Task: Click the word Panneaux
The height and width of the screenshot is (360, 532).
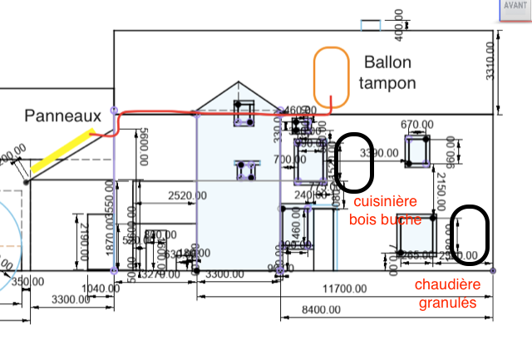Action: [x=62, y=116]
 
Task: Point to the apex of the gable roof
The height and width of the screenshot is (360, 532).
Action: [x=239, y=82]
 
